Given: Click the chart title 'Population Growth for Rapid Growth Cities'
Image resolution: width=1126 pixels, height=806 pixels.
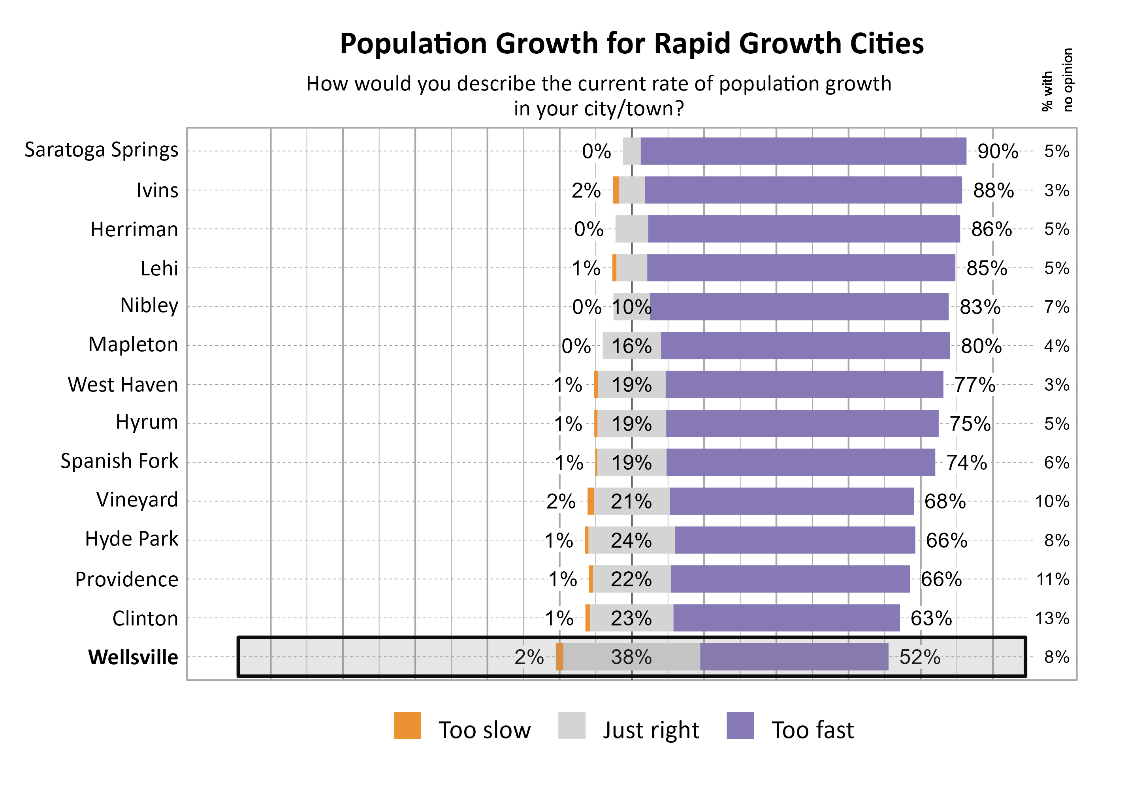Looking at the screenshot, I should [631, 44].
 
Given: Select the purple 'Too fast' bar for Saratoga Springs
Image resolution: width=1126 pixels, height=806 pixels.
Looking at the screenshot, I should [802, 151].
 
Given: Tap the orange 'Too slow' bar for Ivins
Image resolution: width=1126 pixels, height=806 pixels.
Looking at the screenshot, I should [616, 190].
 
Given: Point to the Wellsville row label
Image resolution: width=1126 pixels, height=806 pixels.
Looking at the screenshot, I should [133, 657].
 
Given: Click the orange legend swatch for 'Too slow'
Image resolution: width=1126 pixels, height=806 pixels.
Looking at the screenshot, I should [407, 726].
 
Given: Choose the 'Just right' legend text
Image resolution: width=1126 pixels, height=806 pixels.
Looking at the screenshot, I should [651, 730].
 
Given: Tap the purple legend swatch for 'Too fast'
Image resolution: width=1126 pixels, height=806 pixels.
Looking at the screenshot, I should [740, 726].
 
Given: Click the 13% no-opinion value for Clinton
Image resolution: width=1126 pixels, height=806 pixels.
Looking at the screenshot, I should [1052, 618].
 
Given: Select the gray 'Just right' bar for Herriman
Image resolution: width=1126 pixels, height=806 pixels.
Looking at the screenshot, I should [631, 229].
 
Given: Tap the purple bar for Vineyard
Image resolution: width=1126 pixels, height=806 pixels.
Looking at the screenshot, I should [791, 501].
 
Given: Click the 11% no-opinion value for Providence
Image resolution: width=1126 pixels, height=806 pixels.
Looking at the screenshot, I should [1052, 579].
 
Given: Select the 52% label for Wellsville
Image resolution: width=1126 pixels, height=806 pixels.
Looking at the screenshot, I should [919, 657].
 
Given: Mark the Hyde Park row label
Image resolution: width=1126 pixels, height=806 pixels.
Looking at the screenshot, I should [132, 539].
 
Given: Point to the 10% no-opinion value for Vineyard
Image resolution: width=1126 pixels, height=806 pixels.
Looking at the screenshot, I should [1052, 501].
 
